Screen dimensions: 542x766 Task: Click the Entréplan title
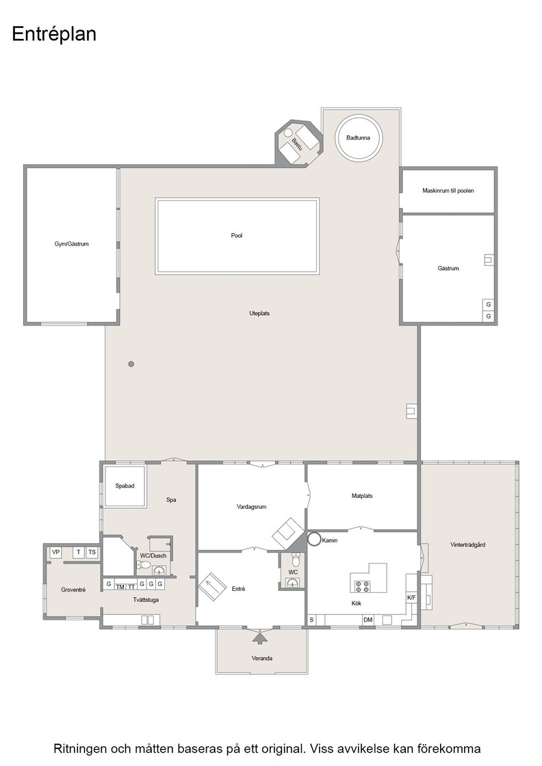coord(54,35)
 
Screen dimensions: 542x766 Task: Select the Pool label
coord(237,235)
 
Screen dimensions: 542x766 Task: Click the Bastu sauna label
coord(297,144)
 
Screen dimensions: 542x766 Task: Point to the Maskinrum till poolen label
coord(448,191)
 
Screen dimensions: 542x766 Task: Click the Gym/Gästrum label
coord(71,243)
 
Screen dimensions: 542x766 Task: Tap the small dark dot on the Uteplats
coord(131,364)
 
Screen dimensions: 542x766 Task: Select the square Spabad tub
coord(125,486)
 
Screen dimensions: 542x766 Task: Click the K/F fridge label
coord(411,598)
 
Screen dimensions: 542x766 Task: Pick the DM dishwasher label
coord(368,620)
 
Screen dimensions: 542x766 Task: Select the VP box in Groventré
coord(55,553)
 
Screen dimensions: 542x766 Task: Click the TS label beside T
coord(92,553)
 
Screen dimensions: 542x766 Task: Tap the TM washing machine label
coord(120,587)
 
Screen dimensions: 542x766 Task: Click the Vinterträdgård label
coord(467,544)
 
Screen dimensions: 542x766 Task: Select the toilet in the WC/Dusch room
coord(143,565)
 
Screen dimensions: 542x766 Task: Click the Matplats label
coord(362,496)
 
